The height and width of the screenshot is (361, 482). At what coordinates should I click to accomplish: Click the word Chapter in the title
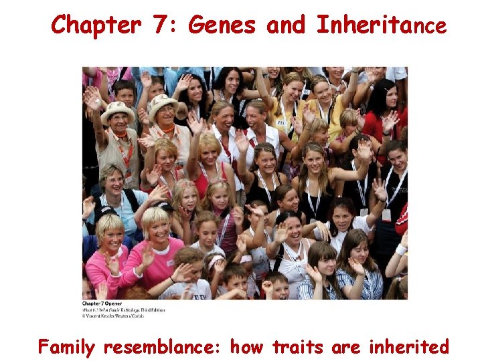coord(96,25)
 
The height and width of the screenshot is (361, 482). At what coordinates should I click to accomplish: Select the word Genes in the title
coord(222,25)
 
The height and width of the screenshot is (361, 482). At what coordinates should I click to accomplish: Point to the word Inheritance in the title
coord(381,25)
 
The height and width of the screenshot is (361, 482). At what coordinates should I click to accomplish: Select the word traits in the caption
coord(297,347)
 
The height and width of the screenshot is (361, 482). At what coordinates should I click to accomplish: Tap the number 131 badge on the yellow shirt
coord(282,122)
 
